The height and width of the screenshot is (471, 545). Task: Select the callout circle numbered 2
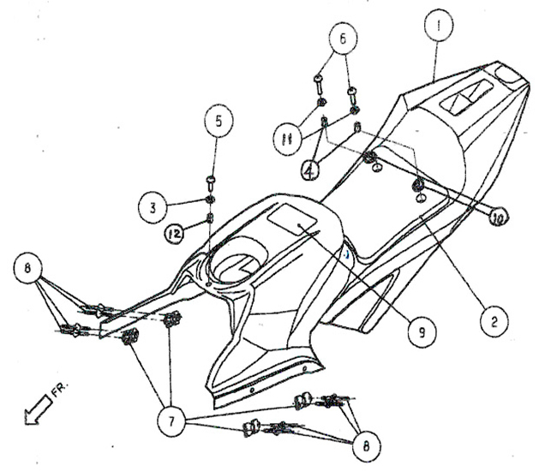pyautogui.click(x=491, y=323)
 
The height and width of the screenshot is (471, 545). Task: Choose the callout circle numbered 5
pyautogui.click(x=218, y=122)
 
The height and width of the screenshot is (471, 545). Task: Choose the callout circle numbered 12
pyautogui.click(x=176, y=232)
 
